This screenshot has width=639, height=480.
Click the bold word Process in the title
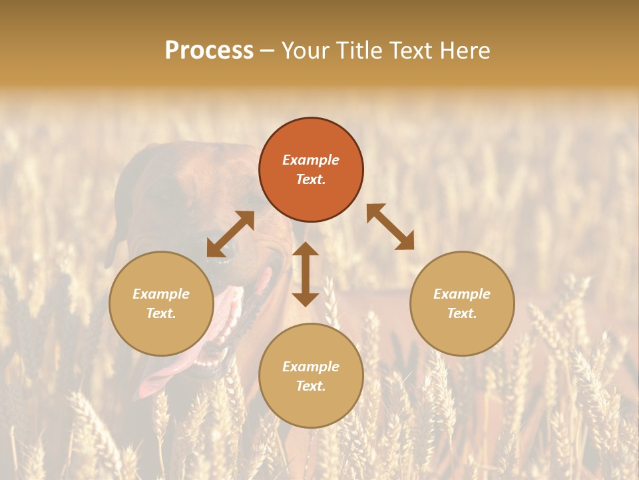point(209,51)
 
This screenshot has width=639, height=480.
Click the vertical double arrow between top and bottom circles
point(306,274)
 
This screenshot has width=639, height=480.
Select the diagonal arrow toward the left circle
point(230,234)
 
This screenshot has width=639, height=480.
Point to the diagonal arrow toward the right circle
point(390,227)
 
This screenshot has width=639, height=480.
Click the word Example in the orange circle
point(311,160)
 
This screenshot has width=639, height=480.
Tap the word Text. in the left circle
point(161,313)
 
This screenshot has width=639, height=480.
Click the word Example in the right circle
point(462,294)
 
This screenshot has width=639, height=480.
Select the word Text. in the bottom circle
point(311,386)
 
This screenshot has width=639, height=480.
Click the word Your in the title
point(307,51)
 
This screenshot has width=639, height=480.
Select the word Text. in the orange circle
point(311,179)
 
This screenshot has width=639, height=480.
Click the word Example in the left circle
point(161,294)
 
